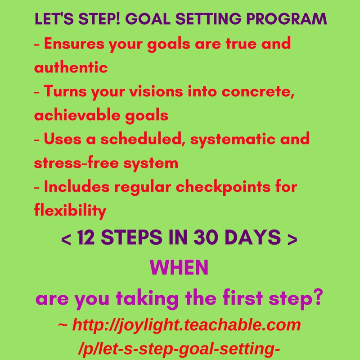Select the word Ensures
[x=74, y=43]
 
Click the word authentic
[x=71, y=67]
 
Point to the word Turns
[x=65, y=91]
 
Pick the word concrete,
[x=258, y=92]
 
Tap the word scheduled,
[x=141, y=139]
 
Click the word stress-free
[x=76, y=163]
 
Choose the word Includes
[x=76, y=187]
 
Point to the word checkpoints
[x=223, y=187]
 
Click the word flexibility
[x=70, y=211]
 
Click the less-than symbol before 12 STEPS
[x=66, y=239]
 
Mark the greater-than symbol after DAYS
[x=292, y=239]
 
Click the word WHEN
[x=179, y=267]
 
